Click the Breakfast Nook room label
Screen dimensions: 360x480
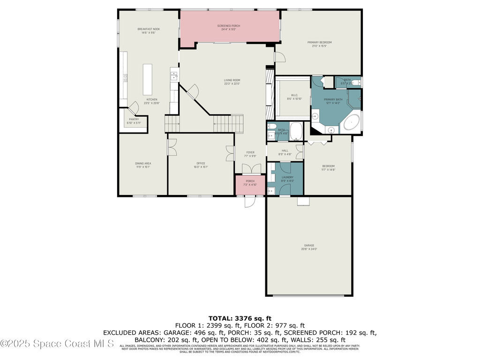tap(149, 29)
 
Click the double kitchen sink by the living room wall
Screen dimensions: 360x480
tap(173, 75)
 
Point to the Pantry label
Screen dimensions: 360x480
tap(134, 119)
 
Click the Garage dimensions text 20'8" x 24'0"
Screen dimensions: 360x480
tap(309, 249)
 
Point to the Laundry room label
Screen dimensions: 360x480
tap(287, 177)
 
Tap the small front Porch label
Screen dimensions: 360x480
tap(250, 181)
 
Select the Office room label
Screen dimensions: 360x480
tap(201, 163)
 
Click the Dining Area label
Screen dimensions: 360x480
tap(143, 163)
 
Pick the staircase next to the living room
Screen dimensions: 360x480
tap(228, 124)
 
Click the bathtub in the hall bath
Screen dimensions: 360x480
tap(296, 131)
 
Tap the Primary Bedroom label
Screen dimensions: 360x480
tap(319, 42)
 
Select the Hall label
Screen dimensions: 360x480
tap(285, 150)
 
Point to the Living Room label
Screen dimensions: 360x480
tap(232, 80)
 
